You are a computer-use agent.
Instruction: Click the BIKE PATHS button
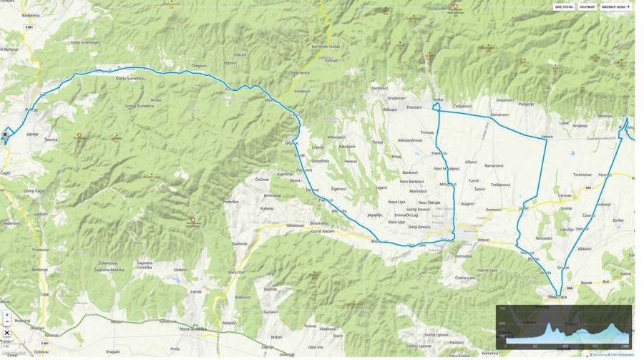pyautogui.click(x=564, y=6)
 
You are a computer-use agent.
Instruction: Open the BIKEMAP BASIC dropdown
pyautogui.click(x=615, y=6)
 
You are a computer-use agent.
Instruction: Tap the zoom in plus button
pyautogui.click(x=6, y=314)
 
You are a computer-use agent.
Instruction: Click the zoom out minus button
pyautogui.click(x=6, y=323)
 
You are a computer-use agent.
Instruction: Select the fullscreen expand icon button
pyautogui.click(x=6, y=333)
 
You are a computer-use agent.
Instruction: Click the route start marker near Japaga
pyautogui.click(x=5, y=134)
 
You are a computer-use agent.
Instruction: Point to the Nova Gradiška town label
pyautogui.click(x=194, y=329)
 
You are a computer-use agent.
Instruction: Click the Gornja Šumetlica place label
pyautogui.click(x=140, y=106)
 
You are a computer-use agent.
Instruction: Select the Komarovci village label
pyautogui.click(x=499, y=115)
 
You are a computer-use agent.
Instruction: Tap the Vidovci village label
pyautogui.click(x=484, y=240)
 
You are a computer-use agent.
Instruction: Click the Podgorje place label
pyautogui.click(x=526, y=104)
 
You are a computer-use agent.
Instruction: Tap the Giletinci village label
pyautogui.click(x=180, y=270)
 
